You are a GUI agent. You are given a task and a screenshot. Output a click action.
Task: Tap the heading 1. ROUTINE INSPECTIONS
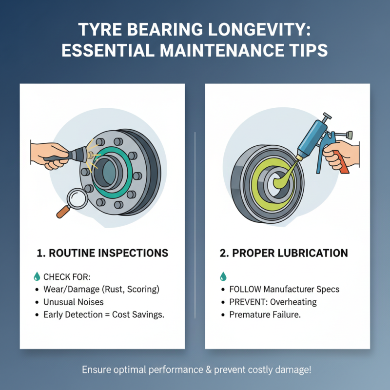point(102,253)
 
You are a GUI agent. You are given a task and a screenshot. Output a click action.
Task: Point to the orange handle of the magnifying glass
point(61,212)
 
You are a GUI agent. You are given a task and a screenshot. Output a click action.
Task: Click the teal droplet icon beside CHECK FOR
point(37,276)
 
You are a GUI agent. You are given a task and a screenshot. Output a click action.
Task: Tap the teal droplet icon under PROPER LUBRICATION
point(223,276)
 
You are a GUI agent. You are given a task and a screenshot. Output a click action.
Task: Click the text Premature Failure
point(265,315)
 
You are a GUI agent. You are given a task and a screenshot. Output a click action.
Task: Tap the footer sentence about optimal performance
point(195,370)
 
